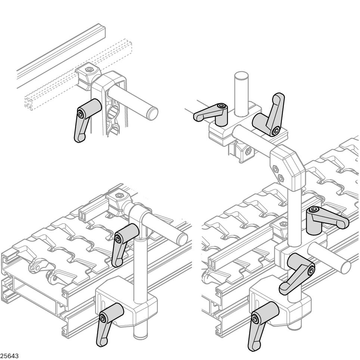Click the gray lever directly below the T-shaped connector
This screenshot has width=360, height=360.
tap(122, 243)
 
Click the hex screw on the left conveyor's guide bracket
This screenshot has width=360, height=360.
tap(119, 195)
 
